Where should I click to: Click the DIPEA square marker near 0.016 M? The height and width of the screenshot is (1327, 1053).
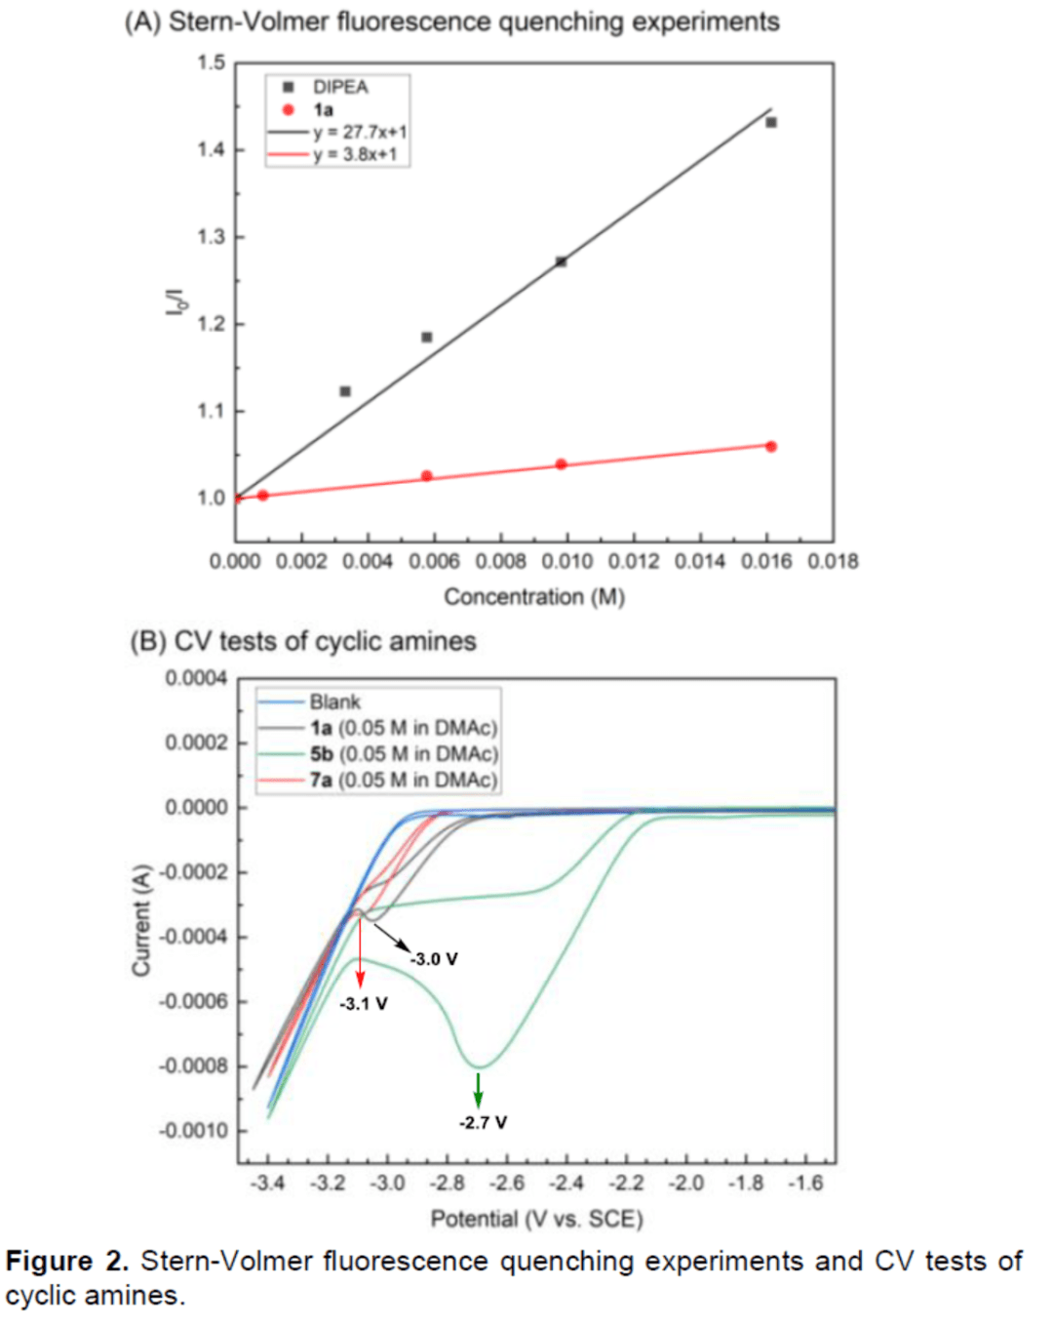tap(771, 123)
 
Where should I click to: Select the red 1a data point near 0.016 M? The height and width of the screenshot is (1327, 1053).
tap(771, 447)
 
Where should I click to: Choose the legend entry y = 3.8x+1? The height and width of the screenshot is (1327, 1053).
tap(354, 154)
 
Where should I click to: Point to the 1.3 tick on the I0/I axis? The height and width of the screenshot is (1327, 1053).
tap(211, 237)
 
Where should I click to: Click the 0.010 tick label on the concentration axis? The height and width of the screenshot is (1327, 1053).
tap(566, 562)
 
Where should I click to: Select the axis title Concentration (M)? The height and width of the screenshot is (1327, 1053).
tap(534, 596)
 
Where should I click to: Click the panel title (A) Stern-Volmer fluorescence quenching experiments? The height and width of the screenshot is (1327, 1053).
tap(451, 21)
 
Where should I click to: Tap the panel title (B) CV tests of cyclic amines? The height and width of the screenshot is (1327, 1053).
tap(303, 641)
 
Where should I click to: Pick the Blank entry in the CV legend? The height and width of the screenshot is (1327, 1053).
tap(334, 702)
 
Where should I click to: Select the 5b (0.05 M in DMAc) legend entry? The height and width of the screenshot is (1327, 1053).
tap(403, 754)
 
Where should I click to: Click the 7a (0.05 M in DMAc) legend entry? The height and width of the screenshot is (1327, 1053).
tap(403, 780)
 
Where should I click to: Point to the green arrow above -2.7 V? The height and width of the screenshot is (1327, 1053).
tap(478, 1090)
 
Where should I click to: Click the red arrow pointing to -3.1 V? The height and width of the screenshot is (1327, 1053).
tap(360, 951)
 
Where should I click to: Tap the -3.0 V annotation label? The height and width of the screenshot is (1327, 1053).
tap(434, 959)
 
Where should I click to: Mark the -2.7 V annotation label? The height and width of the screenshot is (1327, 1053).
tap(483, 1122)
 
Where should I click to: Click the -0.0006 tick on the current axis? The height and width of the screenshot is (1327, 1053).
tap(193, 1001)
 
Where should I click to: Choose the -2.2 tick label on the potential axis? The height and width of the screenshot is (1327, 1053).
tap(626, 1184)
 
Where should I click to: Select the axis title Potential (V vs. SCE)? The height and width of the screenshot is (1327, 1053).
tap(536, 1219)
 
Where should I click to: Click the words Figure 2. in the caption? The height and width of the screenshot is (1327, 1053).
tap(66, 1262)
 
